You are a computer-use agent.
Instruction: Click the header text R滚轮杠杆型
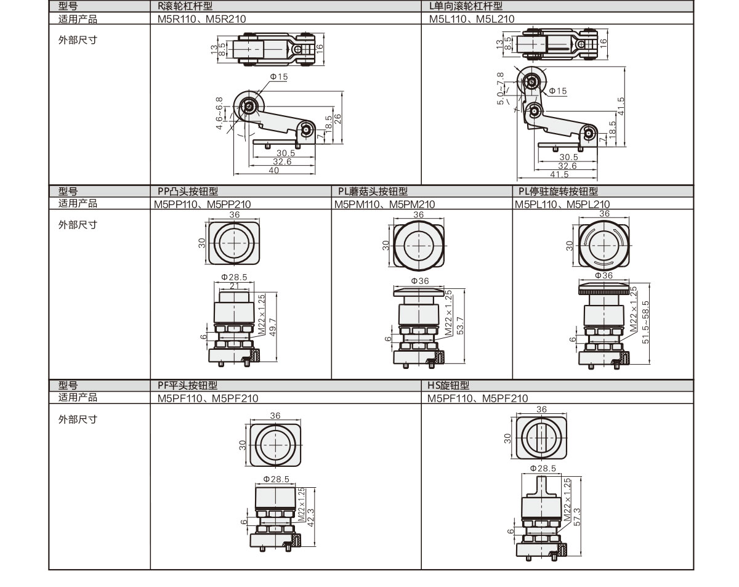pos(185,7)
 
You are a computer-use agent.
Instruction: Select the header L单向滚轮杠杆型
pos(466,7)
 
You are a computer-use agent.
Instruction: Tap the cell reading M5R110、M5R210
pos(201,19)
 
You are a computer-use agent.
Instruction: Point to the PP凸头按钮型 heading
pos(188,192)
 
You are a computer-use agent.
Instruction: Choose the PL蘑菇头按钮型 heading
pos(373,192)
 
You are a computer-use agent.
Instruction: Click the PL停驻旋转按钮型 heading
pos(558,192)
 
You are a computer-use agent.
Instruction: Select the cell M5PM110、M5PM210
pos(385,204)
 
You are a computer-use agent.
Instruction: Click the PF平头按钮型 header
pos(188,386)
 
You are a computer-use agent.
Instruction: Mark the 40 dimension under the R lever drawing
pos(273,171)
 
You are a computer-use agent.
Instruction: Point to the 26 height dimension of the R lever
pos(338,118)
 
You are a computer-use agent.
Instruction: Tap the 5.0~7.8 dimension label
pos(501,88)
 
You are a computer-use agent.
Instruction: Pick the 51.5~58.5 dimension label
pos(645,322)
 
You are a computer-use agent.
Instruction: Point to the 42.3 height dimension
pos(311,516)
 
